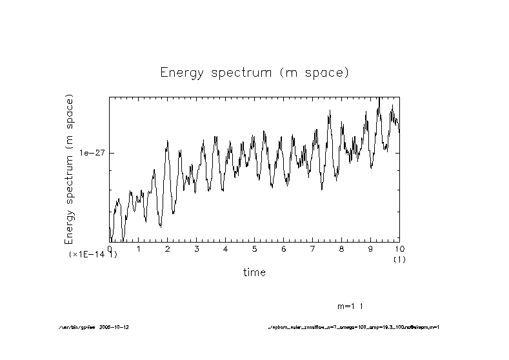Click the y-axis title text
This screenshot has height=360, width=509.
point(69,169)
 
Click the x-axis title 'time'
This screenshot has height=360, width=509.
point(254,272)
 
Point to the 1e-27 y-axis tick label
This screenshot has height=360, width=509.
point(92,153)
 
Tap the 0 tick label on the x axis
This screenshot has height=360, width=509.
point(110,248)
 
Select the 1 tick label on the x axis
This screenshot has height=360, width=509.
point(139,248)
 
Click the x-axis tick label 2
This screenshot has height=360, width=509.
point(168,248)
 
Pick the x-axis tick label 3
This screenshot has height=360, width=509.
point(197,248)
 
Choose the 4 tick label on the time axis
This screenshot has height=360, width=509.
point(226,248)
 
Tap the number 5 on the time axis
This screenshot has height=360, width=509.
point(255,248)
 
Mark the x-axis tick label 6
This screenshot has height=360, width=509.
point(284,248)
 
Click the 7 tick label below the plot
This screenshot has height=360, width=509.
point(313,248)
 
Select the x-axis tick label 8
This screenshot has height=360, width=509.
point(342,248)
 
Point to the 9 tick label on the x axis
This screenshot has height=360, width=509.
point(370,248)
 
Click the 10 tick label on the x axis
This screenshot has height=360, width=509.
point(399,248)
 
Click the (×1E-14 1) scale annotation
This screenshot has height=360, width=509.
point(93,255)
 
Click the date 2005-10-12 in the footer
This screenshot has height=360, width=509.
point(119,327)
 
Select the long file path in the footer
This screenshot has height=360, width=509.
point(354,327)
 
